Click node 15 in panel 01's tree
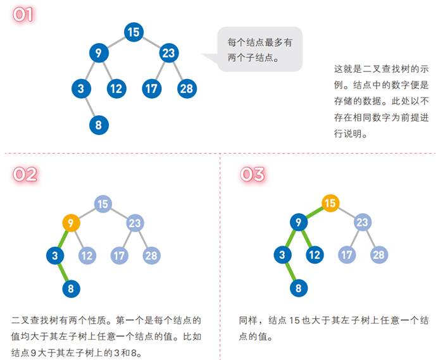[133, 32]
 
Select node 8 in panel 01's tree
[99, 125]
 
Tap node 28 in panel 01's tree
[186, 89]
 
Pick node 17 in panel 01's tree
[151, 89]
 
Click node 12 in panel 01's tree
[115, 89]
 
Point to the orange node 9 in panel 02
[72, 223]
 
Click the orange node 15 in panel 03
[330, 203]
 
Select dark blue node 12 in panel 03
[315, 255]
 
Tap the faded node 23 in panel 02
[134, 223]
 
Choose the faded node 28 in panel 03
[379, 255]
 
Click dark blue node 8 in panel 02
[72, 289]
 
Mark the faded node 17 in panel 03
[346, 255]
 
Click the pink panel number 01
[23, 15]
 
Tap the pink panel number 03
[253, 174]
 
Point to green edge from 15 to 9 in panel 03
[315, 213]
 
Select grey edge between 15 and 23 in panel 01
[151, 42]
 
